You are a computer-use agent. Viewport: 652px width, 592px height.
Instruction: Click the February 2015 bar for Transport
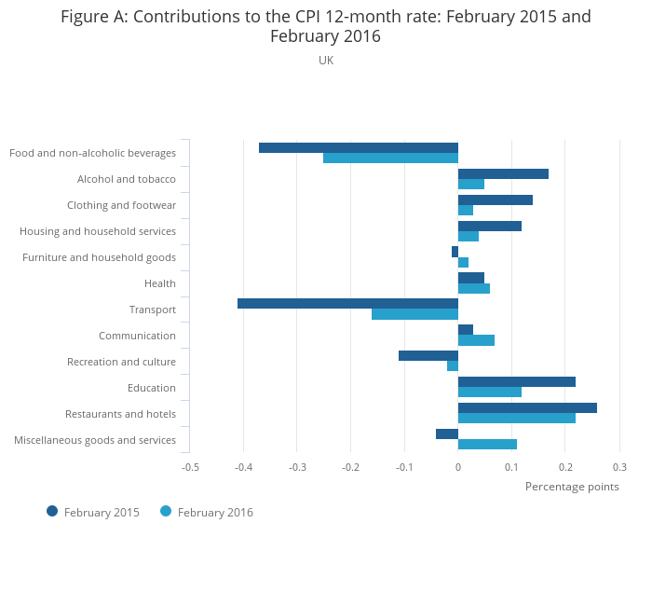pyautogui.click(x=347, y=303)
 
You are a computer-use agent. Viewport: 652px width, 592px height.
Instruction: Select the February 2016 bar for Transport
pyautogui.click(x=414, y=314)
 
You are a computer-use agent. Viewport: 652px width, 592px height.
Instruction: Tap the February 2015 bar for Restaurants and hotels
pyautogui.click(x=527, y=407)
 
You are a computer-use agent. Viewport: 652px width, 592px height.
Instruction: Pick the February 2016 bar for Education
pyautogui.click(x=489, y=392)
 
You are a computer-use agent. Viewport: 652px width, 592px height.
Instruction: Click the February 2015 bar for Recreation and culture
pyautogui.click(x=428, y=355)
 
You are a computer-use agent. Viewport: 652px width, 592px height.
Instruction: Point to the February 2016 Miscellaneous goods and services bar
pyautogui.click(x=487, y=445)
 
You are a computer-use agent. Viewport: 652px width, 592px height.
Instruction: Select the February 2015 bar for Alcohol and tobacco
pyautogui.click(x=503, y=173)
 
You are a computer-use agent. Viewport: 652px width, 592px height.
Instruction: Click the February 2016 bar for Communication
pyautogui.click(x=476, y=340)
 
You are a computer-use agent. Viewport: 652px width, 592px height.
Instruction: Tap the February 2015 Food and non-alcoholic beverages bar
pyautogui.click(x=358, y=147)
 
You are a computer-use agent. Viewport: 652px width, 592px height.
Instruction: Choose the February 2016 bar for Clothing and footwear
pyautogui.click(x=466, y=210)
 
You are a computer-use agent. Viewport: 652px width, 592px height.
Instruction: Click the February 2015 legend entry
pyautogui.click(x=93, y=512)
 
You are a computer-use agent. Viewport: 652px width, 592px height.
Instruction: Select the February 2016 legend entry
pyautogui.click(x=207, y=512)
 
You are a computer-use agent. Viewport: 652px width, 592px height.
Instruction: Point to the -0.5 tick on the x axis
pyautogui.click(x=190, y=466)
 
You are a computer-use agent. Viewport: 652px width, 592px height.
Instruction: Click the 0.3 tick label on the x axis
pyautogui.click(x=619, y=466)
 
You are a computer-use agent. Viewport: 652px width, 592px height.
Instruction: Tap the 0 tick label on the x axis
pyautogui.click(x=458, y=466)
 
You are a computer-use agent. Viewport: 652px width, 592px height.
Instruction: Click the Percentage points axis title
pyautogui.click(x=571, y=486)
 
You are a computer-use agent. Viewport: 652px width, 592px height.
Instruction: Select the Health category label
pyautogui.click(x=159, y=283)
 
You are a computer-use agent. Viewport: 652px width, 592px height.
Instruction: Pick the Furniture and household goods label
pyautogui.click(x=99, y=257)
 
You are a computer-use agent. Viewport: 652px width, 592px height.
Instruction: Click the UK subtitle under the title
pyautogui.click(x=326, y=61)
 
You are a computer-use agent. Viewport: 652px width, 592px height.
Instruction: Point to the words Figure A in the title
pyautogui.click(x=91, y=17)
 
